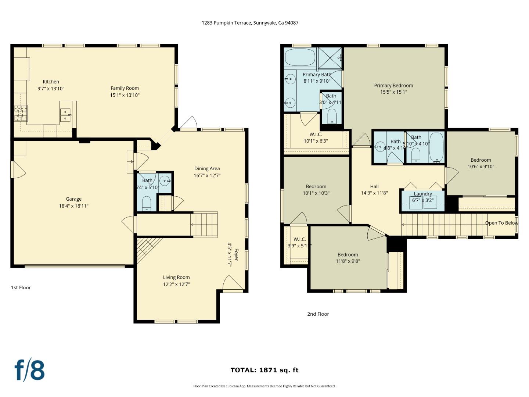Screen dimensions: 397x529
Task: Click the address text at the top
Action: click(x=250, y=23)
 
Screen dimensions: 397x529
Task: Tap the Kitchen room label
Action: click(x=51, y=82)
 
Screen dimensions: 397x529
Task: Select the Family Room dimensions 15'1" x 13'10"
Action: click(x=125, y=95)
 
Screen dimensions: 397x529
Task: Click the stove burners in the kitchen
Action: click(x=21, y=113)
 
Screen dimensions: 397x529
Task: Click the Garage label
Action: click(x=73, y=199)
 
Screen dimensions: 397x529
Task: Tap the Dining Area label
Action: click(x=207, y=169)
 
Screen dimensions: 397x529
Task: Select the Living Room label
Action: click(x=176, y=278)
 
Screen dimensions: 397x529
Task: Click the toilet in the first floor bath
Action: click(x=147, y=203)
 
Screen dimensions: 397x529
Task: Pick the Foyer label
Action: click(x=236, y=255)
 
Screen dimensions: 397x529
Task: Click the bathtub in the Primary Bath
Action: click(x=300, y=57)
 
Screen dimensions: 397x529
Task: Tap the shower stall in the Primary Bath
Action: click(x=330, y=58)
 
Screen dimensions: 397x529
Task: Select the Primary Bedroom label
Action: click(x=393, y=86)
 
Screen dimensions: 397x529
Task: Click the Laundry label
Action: click(x=423, y=194)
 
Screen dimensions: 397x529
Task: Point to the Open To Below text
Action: click(x=501, y=223)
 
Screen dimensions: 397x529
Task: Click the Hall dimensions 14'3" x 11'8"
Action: click(x=374, y=193)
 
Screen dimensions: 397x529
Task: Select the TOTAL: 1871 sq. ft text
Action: click(x=264, y=370)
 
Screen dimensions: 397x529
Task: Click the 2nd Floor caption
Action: click(x=318, y=314)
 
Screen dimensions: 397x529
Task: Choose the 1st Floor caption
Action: click(x=21, y=287)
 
